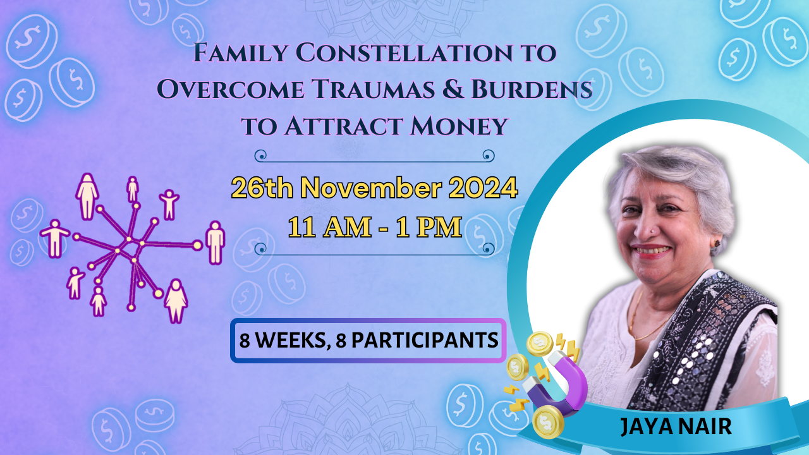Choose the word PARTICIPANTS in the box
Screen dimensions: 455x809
(423, 341)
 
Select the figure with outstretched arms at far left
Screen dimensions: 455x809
(55, 238)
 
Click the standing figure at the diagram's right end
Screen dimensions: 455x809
(216, 242)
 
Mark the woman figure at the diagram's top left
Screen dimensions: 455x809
(87, 196)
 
